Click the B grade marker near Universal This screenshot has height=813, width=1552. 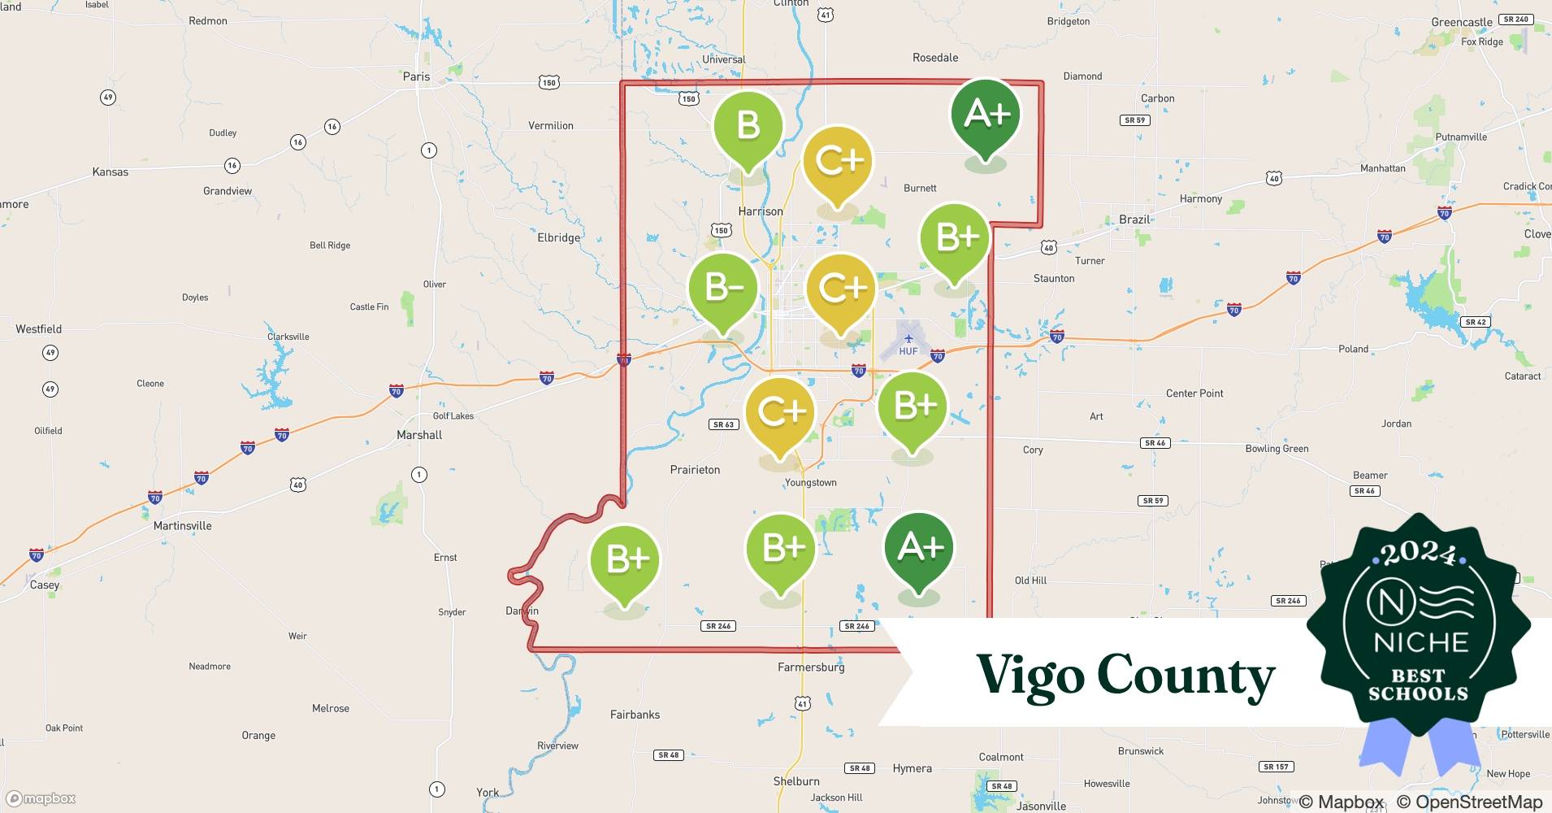[x=748, y=126]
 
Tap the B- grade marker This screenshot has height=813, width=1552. [x=722, y=288]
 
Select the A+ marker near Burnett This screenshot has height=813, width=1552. [x=986, y=115]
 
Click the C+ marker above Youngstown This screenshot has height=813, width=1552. [x=780, y=412]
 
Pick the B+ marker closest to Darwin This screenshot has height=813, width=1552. [x=625, y=560]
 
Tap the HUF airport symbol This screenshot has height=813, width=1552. [x=908, y=339]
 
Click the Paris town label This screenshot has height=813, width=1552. [x=416, y=76]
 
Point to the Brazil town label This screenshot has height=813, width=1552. [x=1134, y=220]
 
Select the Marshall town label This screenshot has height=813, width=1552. [x=419, y=435]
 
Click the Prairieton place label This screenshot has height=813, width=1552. [x=695, y=469]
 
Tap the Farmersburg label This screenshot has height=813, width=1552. [x=811, y=667]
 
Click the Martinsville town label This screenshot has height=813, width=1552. [x=182, y=526]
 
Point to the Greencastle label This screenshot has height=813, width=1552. [x=1461, y=22]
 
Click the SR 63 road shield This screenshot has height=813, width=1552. [x=722, y=424]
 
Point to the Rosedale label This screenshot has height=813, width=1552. [x=934, y=58]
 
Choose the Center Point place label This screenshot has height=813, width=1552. [x=1194, y=393]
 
